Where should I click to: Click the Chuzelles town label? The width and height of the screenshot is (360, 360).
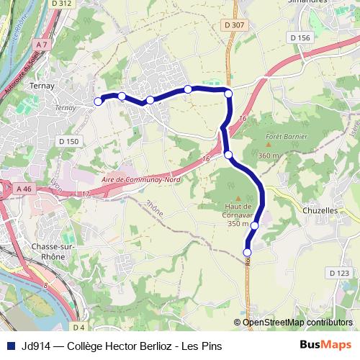[x=325, y=211]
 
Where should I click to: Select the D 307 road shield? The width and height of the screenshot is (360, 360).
[x=235, y=25]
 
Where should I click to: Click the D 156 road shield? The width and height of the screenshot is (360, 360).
[x=299, y=37]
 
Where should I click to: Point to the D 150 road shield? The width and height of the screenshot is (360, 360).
[x=68, y=141]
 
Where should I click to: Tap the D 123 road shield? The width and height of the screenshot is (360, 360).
[x=338, y=273]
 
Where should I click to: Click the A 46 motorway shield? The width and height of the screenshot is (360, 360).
[x=24, y=189]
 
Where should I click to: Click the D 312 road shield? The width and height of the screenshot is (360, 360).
[x=63, y=4]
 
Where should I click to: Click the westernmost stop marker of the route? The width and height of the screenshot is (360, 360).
[x=98, y=102]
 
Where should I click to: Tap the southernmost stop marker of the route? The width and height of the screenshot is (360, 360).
[x=247, y=252]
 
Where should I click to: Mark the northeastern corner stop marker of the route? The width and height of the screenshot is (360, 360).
[x=229, y=94]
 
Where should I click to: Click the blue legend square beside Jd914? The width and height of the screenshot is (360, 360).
[x=10, y=345]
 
